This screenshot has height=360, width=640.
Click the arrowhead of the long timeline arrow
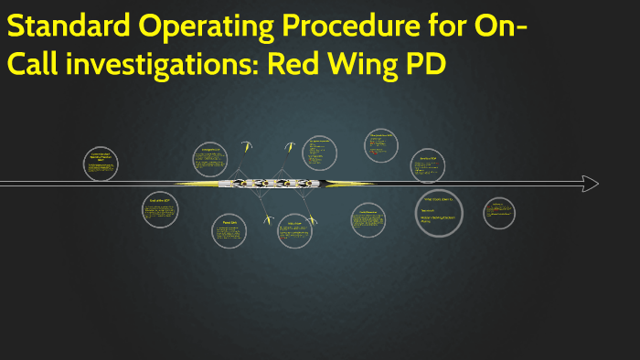pyautogui.click(x=591, y=184)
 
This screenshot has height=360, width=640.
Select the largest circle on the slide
pyautogui.click(x=439, y=214)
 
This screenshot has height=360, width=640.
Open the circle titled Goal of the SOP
pyautogui.click(x=160, y=210)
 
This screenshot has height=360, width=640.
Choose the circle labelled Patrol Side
pyautogui.click(x=229, y=231)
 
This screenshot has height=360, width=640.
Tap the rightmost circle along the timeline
pyautogui.click(x=499, y=214)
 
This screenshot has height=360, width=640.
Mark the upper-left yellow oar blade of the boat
pyautogui.click(x=245, y=144)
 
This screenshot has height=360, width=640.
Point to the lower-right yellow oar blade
pyautogui.click(x=312, y=220)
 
